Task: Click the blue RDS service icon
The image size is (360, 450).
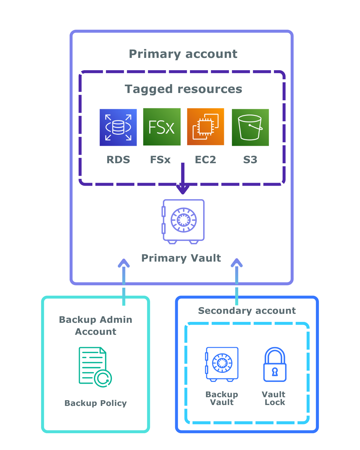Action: click(x=118, y=127)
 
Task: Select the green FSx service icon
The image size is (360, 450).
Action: click(x=162, y=127)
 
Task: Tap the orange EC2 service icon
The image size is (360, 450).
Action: click(x=205, y=127)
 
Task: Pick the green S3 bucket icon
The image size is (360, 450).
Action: click(x=250, y=127)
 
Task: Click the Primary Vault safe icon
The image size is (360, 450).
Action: click(x=183, y=221)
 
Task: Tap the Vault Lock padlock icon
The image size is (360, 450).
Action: click(x=275, y=364)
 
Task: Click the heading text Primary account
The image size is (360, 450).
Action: click(x=183, y=54)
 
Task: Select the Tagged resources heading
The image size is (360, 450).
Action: click(x=183, y=89)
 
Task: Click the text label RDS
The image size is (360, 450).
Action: click(x=118, y=160)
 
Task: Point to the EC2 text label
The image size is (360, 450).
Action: click(x=205, y=160)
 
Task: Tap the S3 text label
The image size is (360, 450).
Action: click(x=250, y=160)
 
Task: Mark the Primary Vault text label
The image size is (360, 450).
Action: click(x=181, y=258)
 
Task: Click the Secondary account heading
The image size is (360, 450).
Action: click(x=247, y=310)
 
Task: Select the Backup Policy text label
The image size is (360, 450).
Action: click(x=95, y=403)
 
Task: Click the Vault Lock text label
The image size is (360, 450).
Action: click(x=274, y=398)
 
